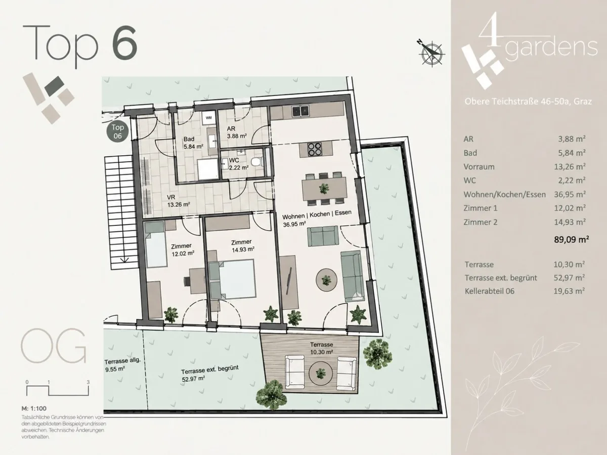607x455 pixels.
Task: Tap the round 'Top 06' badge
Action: pos(117,131)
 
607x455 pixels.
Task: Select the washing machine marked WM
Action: pos(209,118)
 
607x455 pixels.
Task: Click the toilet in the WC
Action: pos(256,162)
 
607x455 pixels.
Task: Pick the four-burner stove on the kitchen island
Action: pos(315,149)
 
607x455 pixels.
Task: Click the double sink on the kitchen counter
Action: pos(300,111)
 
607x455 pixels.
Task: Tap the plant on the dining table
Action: pos(324,189)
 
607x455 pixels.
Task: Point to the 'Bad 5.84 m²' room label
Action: pos(193,143)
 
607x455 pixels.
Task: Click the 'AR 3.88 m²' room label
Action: pos(237,132)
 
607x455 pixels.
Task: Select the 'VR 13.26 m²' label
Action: pos(178,201)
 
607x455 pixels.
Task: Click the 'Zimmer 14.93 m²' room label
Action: pos(243,246)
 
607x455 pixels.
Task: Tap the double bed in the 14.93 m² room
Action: pos(232,279)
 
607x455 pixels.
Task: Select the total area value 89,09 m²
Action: pos(571,239)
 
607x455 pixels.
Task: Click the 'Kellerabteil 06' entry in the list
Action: pos(490,291)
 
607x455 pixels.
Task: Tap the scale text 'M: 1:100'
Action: pos(34,408)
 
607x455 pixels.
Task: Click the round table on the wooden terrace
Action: pos(321,374)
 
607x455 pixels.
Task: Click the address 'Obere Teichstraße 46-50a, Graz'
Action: pos(528,102)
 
